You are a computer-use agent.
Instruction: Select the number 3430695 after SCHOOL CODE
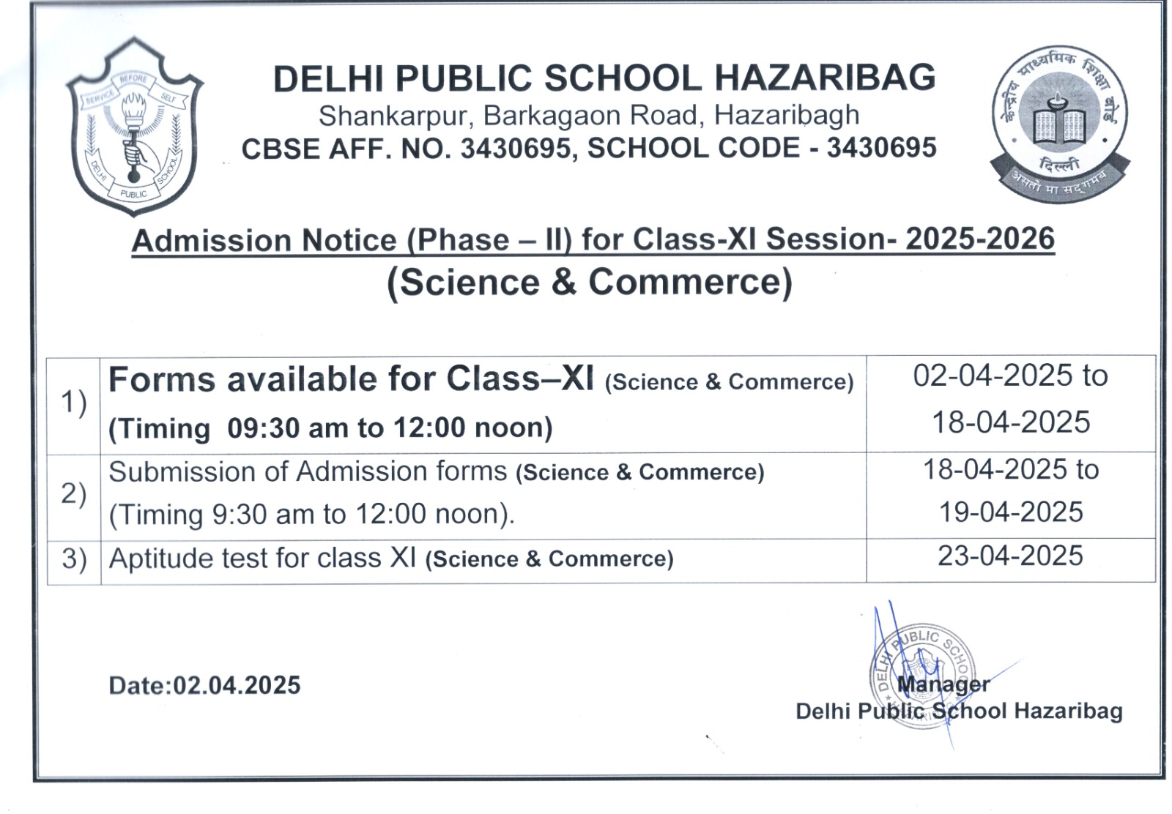point(881,148)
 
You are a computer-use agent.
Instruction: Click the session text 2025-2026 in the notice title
point(979,239)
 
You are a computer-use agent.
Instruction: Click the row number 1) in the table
point(73,403)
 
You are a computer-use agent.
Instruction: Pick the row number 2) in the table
point(73,494)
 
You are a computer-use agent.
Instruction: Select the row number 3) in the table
point(73,559)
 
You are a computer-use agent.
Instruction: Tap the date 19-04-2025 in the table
point(1011,512)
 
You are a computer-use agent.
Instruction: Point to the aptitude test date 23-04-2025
point(1010,556)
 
